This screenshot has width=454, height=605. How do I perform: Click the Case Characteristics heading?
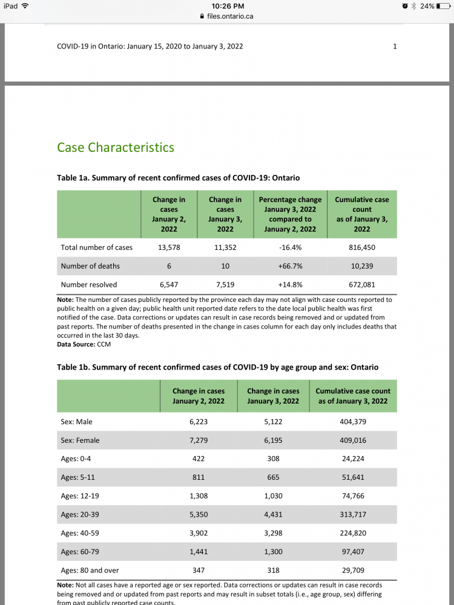[x=116, y=148]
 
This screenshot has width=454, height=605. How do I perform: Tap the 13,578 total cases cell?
[x=169, y=247]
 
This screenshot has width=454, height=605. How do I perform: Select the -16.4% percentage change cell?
[x=290, y=247]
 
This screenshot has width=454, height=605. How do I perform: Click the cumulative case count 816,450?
[x=362, y=247]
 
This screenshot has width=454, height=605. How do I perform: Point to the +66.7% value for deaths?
[x=290, y=266]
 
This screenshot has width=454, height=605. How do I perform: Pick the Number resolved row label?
[x=89, y=284]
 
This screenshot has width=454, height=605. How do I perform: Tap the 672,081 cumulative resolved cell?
[x=362, y=284]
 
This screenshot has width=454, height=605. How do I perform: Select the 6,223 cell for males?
[x=199, y=422]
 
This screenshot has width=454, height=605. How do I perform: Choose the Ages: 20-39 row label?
[x=81, y=515]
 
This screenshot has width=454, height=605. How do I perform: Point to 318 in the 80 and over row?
[x=273, y=571]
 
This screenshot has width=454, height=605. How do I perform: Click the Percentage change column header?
[x=290, y=214]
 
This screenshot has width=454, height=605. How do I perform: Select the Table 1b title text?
[x=219, y=367]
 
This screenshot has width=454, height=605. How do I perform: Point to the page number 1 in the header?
[x=395, y=46]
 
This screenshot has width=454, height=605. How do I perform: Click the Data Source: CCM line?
[x=84, y=345]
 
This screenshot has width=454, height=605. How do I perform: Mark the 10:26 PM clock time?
[x=228, y=5]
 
